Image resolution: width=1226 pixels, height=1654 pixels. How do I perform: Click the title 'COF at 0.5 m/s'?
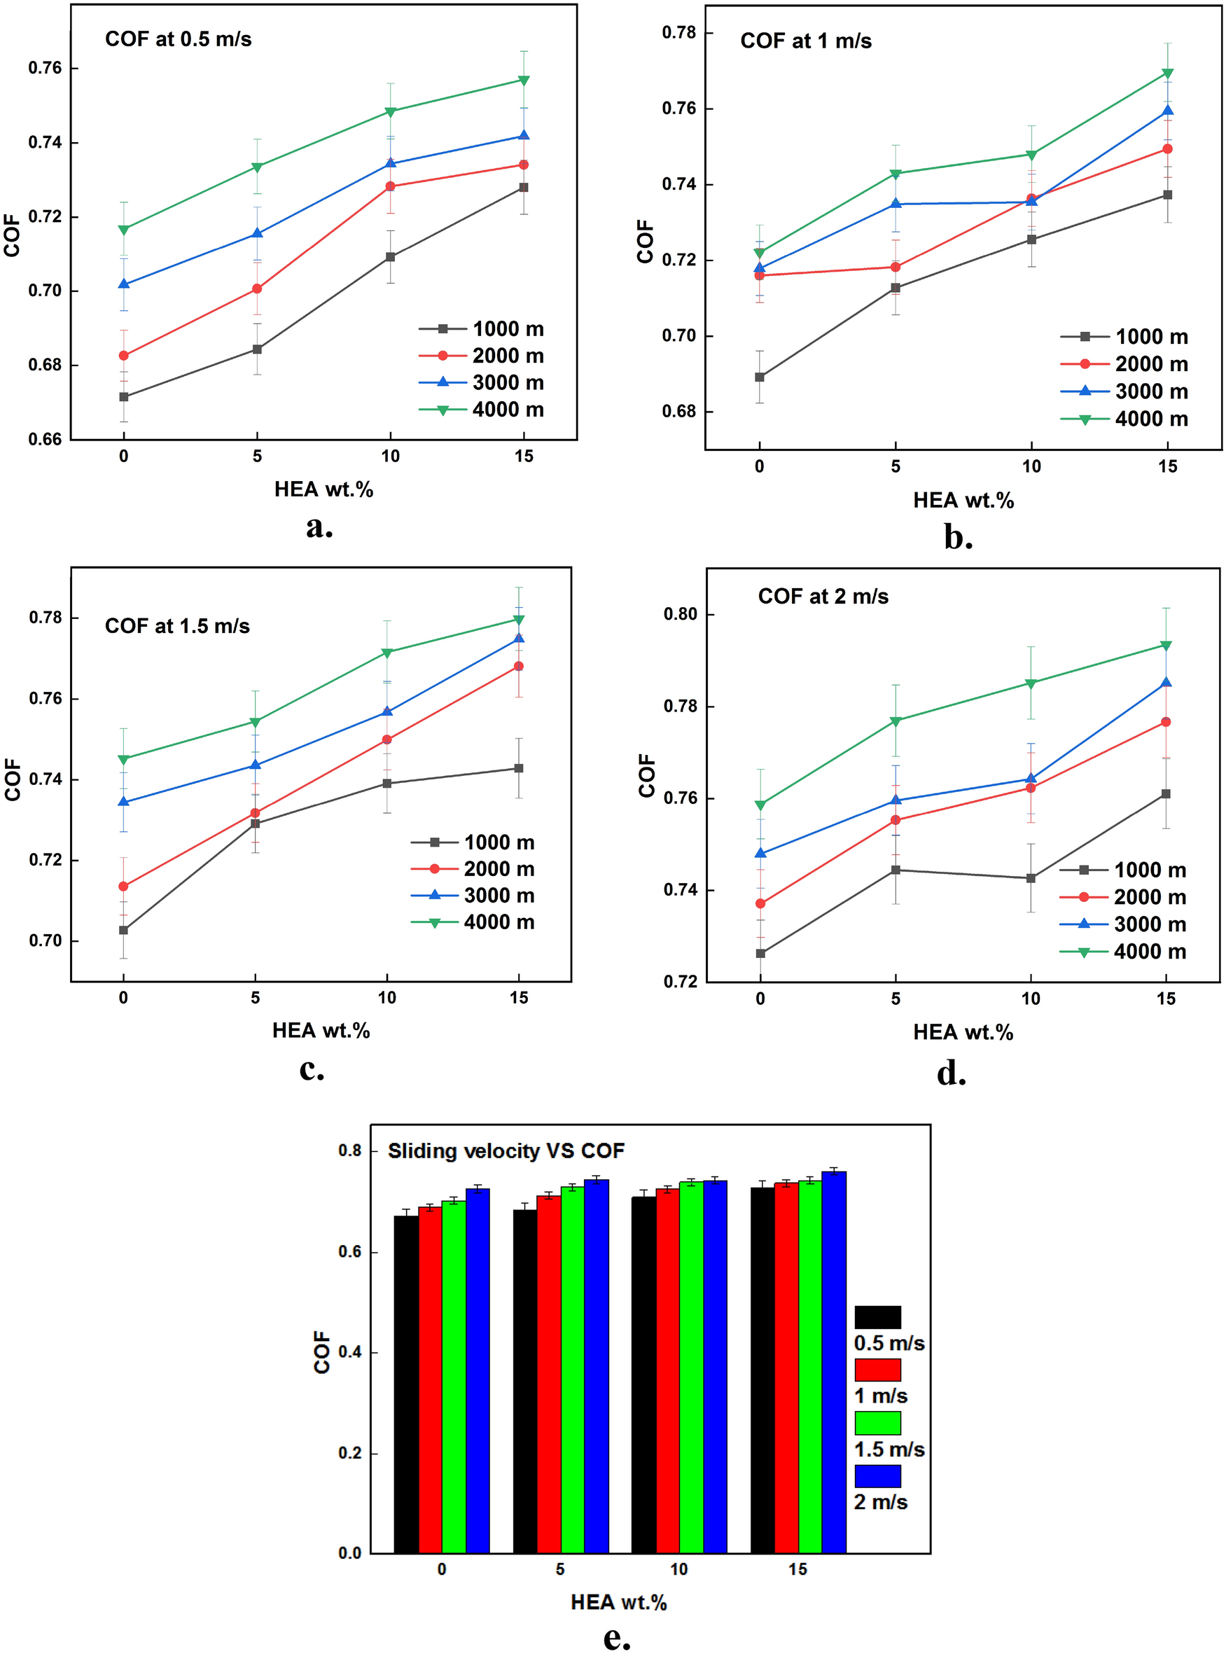pos(178,39)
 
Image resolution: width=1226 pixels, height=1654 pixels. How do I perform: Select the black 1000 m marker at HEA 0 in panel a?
pos(124,397)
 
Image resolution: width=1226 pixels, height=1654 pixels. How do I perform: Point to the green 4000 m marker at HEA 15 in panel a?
pos(523,80)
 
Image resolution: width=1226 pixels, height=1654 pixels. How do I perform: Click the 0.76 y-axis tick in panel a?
pos(45,68)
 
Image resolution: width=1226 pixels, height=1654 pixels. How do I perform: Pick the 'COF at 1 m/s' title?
pos(805,41)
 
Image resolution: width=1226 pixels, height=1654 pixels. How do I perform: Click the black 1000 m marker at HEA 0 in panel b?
pos(759,377)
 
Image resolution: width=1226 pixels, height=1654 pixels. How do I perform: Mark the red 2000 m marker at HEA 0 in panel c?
pos(124,886)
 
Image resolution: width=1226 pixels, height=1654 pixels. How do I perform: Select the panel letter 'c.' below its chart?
pos(312,1069)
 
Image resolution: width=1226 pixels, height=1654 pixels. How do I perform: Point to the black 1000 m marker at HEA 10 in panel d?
pos(1031,878)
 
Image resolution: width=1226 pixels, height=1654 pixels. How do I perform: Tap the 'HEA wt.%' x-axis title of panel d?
pos(963,1032)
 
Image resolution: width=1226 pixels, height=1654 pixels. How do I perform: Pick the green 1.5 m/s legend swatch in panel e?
pos(877,1422)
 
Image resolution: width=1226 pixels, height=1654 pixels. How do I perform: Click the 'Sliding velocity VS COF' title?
pos(506,1151)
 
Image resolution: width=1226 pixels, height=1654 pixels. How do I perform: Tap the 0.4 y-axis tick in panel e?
pos(349,1351)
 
